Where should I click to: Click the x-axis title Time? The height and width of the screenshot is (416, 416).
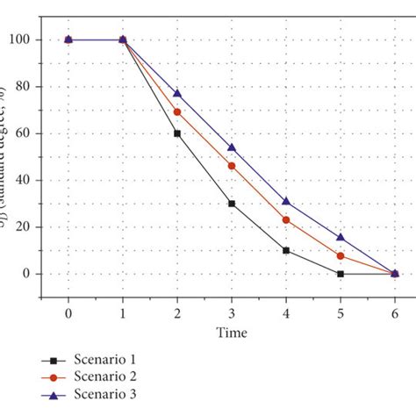pyautogui.click(x=232, y=333)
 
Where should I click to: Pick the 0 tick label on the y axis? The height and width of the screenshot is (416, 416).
pyautogui.click(x=31, y=274)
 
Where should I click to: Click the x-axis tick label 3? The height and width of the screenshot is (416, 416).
pyautogui.click(x=232, y=313)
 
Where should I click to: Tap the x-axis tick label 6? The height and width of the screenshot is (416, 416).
pyautogui.click(x=395, y=313)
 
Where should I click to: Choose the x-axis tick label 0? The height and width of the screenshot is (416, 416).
pyautogui.click(x=68, y=313)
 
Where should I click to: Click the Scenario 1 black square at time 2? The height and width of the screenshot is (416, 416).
pyautogui.click(x=177, y=133)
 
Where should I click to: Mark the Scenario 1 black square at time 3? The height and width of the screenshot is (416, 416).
pyautogui.click(x=232, y=204)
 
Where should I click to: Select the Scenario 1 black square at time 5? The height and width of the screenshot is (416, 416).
pyautogui.click(x=341, y=274)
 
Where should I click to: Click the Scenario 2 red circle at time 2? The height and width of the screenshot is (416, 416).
pyautogui.click(x=177, y=112)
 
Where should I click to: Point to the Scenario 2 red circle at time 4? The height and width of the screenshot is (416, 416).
pyautogui.click(x=286, y=219)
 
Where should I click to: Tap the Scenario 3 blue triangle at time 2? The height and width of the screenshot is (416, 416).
pyautogui.click(x=177, y=93)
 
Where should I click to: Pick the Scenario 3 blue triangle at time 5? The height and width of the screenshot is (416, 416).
pyautogui.click(x=341, y=237)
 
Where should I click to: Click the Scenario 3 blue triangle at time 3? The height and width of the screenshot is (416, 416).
pyautogui.click(x=232, y=147)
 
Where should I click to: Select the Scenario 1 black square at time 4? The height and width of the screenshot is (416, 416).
pyautogui.click(x=286, y=250)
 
